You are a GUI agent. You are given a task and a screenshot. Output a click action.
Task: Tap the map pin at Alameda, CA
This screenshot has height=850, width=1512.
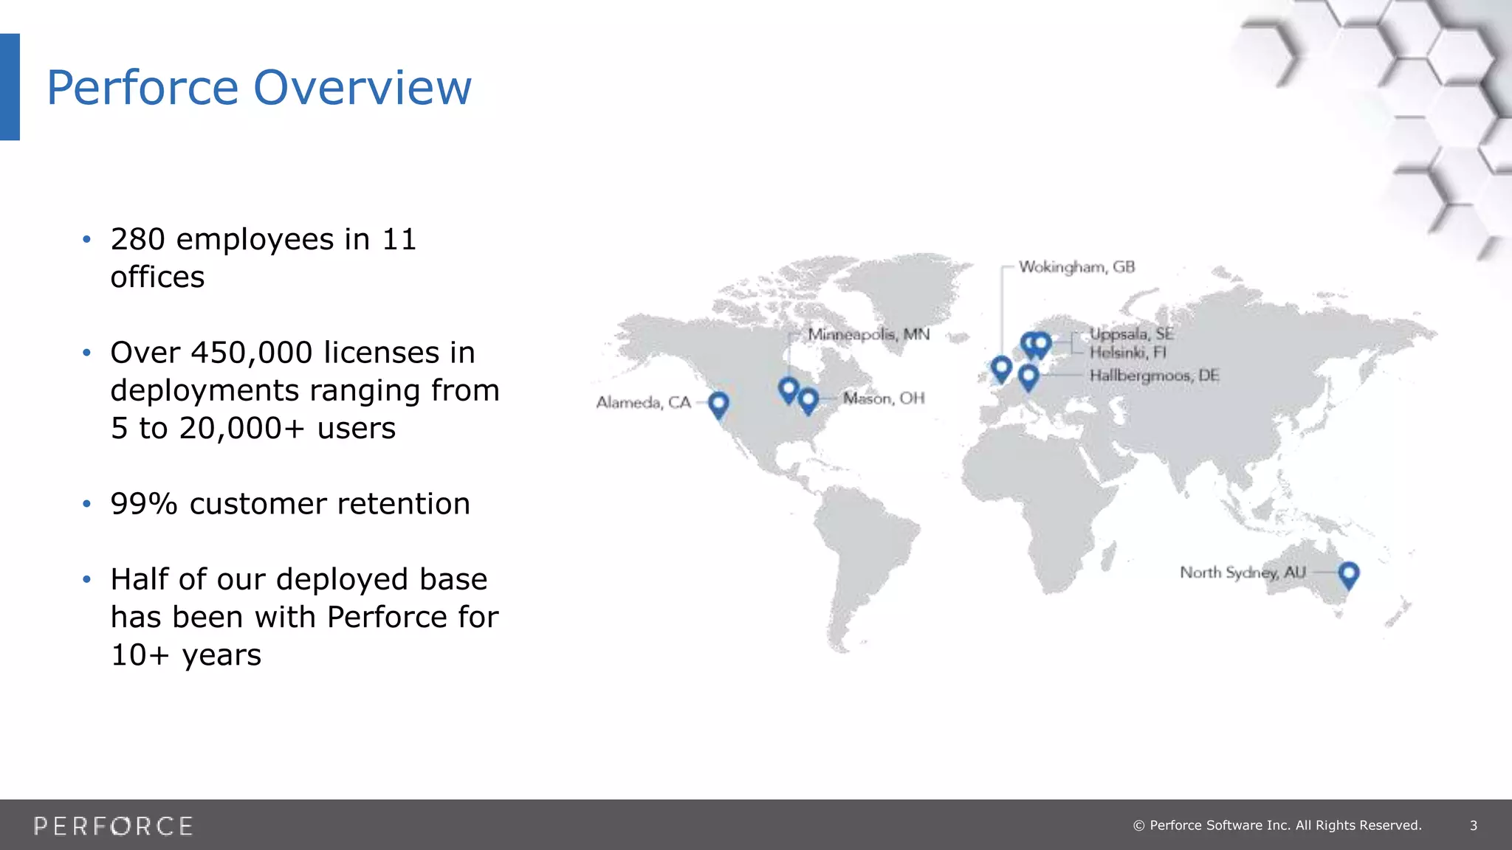(718, 404)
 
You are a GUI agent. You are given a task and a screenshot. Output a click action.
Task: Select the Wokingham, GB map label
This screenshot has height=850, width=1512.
(1076, 267)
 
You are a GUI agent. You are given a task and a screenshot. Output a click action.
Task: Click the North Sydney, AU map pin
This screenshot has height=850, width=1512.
(1349, 573)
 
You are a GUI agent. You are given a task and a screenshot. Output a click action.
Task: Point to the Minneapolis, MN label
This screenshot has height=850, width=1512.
(868, 334)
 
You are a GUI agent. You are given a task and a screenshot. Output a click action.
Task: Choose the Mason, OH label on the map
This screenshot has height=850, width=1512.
(884, 398)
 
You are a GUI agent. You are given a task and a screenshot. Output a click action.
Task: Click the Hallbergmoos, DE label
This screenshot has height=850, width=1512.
(1154, 376)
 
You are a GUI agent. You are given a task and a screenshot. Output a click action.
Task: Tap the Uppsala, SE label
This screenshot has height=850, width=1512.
(1131, 334)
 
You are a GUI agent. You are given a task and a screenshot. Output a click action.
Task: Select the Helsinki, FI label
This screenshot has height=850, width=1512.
(1127, 353)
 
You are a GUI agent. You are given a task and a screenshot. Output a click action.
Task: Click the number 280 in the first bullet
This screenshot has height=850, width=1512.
(137, 240)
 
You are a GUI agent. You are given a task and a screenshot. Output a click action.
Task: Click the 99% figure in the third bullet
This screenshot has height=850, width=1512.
(144, 504)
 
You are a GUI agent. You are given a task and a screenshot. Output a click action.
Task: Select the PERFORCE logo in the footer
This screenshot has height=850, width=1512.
(113, 826)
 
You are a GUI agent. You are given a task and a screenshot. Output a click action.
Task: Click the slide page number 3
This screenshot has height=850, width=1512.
(1473, 826)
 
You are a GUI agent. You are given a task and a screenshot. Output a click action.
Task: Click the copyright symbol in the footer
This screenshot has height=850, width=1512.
(1138, 826)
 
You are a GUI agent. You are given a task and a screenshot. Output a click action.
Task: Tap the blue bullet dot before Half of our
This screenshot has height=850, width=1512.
(86, 580)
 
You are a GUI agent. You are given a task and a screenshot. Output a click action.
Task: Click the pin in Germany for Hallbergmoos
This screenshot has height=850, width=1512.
(1028, 377)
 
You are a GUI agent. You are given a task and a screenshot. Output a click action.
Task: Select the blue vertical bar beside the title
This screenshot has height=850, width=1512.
(10, 87)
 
